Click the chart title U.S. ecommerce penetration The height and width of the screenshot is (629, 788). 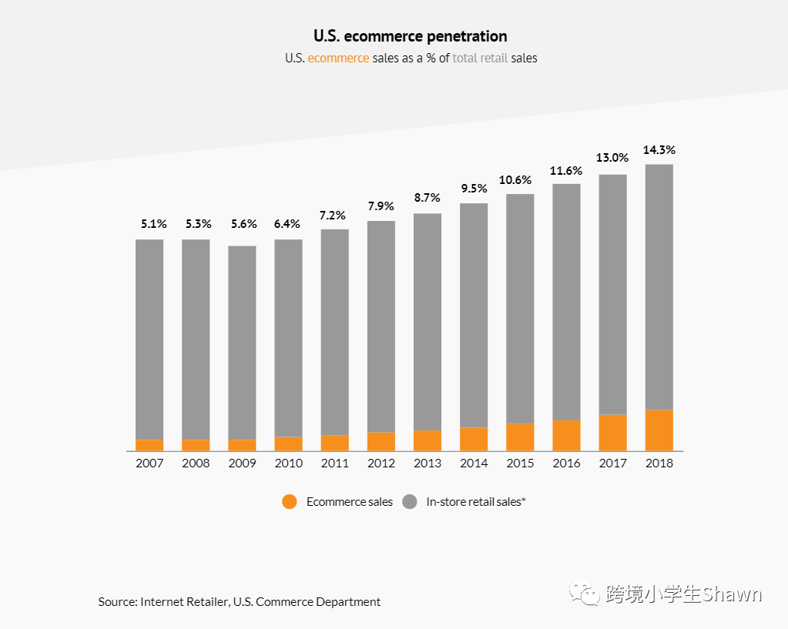(x=410, y=36)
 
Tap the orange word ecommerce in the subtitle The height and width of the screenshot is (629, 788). (x=338, y=58)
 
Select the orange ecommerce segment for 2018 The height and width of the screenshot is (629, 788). (x=659, y=430)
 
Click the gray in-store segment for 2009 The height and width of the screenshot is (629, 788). (x=242, y=343)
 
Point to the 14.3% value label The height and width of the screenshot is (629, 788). (x=659, y=150)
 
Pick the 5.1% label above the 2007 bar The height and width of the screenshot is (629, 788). (x=153, y=224)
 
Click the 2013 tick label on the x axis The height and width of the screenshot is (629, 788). (x=428, y=463)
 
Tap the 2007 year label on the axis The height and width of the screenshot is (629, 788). (x=149, y=463)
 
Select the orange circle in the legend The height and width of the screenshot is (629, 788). (x=290, y=502)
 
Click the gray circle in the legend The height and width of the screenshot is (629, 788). (x=409, y=502)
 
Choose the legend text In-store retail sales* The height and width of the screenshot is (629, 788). (x=476, y=502)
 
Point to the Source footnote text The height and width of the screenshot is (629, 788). (x=240, y=602)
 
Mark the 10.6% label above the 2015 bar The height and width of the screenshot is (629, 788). (x=520, y=180)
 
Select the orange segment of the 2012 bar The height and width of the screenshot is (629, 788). (x=381, y=441)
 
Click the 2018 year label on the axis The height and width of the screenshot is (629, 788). (x=659, y=463)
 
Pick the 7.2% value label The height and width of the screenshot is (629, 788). (x=334, y=216)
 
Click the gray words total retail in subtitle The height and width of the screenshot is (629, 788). (x=480, y=58)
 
